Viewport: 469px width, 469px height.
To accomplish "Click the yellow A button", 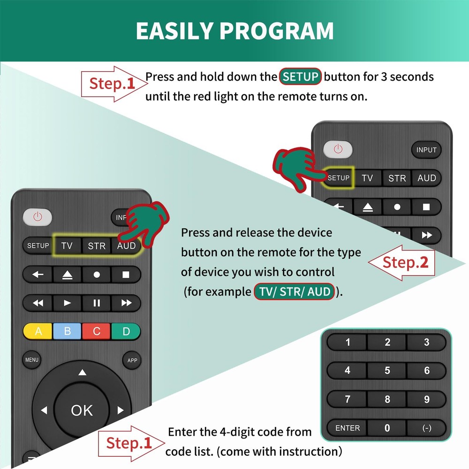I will point(38,332).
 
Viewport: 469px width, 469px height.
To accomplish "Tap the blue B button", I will point(68,332).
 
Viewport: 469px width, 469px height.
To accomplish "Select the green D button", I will point(126,332).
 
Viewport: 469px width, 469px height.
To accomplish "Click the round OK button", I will point(82,410).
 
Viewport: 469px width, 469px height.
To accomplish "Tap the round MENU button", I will point(32,360).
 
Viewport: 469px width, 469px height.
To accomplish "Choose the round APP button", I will point(132,360).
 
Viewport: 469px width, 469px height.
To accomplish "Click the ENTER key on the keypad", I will point(348,428).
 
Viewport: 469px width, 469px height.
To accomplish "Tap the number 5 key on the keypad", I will point(387,371).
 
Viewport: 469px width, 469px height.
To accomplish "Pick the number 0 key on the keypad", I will point(387,428).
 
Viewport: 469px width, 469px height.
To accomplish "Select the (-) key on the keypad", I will point(426,428).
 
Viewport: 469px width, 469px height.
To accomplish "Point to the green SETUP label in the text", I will point(300,76).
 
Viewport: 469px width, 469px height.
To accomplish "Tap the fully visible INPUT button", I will point(426,150).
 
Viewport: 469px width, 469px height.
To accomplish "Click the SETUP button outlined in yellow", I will point(339,178).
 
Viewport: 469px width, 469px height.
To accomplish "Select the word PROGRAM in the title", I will point(276,31).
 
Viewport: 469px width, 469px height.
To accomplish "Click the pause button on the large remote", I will point(97,303).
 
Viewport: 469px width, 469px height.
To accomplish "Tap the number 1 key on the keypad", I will point(348,342).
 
